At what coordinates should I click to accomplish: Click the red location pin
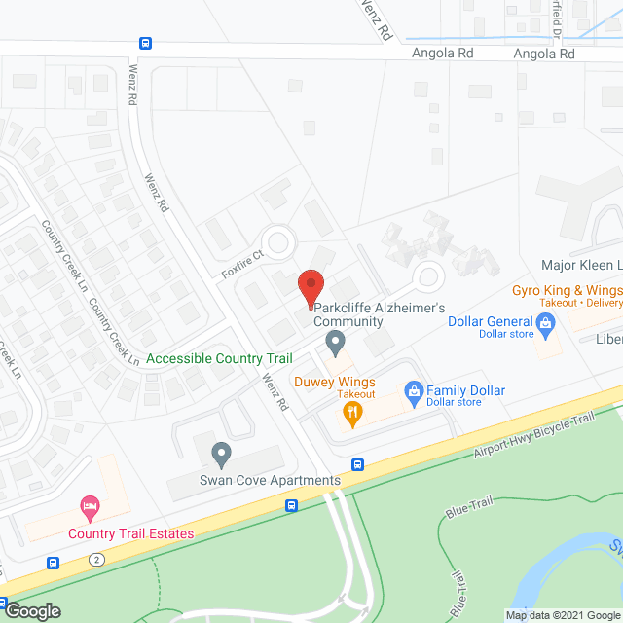point(311,285)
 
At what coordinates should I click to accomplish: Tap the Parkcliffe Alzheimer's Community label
point(379,314)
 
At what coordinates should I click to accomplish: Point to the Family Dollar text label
point(466,391)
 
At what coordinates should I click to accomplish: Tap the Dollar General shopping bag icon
point(545,330)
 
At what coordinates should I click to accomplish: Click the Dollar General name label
point(491,322)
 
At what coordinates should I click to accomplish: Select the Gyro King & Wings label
point(567,290)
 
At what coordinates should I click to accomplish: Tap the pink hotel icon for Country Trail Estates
point(89,506)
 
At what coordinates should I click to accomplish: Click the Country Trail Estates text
point(130,533)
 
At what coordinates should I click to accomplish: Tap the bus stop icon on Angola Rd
point(145,43)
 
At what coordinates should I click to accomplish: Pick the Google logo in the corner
point(31,610)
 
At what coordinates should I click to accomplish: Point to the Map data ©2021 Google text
point(562,614)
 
